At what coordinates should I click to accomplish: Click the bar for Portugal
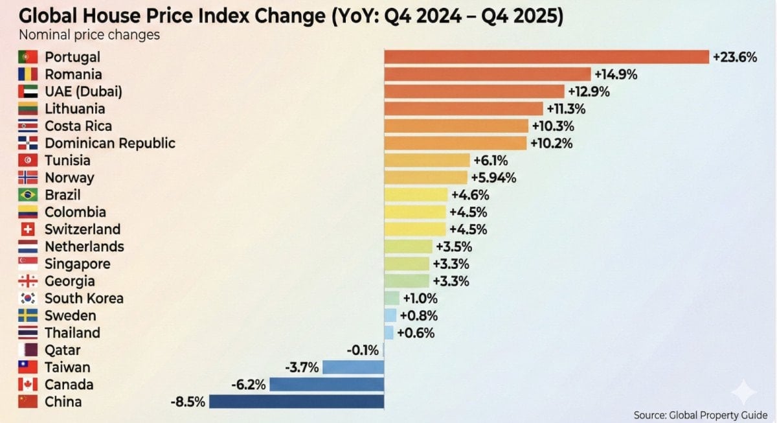546,57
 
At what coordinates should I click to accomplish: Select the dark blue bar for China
297,402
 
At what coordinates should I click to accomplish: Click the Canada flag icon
28,385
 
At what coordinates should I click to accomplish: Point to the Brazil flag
28,195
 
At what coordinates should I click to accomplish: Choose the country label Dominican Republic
110,143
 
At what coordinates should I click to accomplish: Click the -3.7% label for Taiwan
302,367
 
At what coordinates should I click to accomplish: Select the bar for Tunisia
427,161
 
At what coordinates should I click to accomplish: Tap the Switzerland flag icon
28,229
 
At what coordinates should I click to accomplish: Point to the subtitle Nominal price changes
89,35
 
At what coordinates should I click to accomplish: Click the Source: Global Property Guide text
700,415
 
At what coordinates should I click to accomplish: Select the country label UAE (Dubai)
84,91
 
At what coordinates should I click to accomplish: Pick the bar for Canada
326,385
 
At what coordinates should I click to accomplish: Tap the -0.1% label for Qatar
363,350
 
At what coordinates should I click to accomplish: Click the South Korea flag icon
28,299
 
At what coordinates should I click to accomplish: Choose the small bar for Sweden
390,315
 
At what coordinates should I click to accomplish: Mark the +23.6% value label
735,57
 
